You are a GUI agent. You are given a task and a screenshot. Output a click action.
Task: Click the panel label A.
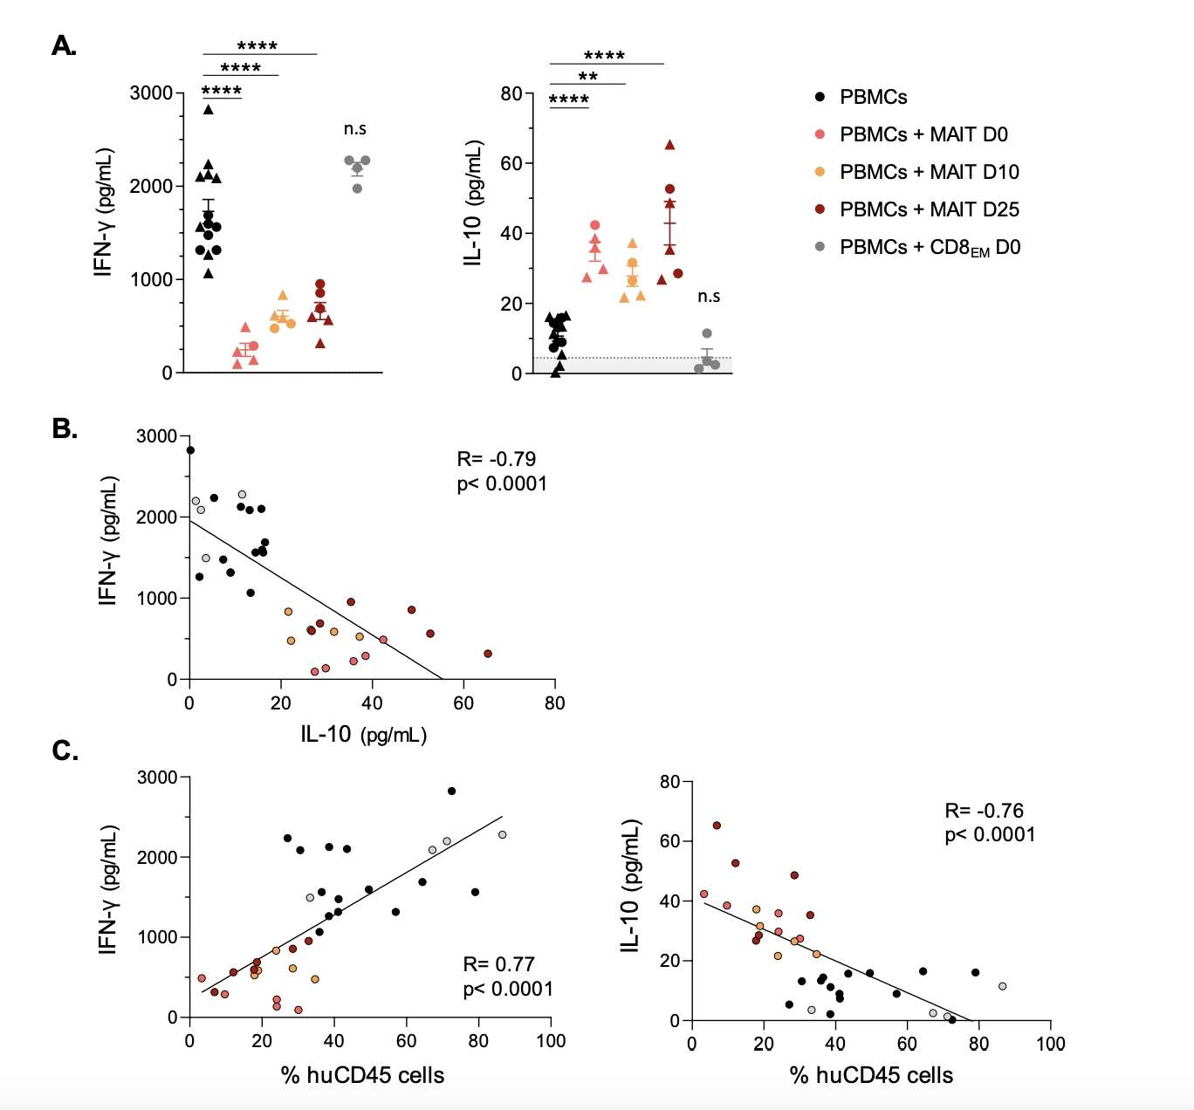(x=64, y=45)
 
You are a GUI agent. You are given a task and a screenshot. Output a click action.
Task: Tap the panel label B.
(x=65, y=428)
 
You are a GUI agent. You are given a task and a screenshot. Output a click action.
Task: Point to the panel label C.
(x=65, y=750)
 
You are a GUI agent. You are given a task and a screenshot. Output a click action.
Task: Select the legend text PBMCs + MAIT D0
(x=923, y=134)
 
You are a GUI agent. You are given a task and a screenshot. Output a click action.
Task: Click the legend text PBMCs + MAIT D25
(x=929, y=209)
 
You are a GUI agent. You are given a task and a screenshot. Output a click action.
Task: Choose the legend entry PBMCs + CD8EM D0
(x=930, y=248)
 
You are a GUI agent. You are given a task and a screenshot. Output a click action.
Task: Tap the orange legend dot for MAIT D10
(x=820, y=172)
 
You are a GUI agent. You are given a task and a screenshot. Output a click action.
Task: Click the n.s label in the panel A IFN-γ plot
(x=354, y=129)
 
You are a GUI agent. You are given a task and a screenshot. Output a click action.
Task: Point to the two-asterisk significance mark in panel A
(x=587, y=77)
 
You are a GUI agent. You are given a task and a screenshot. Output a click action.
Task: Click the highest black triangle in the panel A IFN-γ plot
(x=208, y=110)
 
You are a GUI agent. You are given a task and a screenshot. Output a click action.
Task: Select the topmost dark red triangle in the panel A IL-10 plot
(x=669, y=145)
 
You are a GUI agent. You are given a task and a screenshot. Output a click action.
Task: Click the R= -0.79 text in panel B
(x=496, y=459)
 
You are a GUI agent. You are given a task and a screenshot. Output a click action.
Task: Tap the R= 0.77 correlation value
(x=497, y=963)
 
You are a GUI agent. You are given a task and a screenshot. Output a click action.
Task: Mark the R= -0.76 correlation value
(x=984, y=811)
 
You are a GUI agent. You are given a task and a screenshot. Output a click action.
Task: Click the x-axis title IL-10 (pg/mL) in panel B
(x=363, y=734)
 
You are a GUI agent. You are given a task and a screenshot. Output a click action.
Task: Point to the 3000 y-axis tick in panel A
(x=152, y=93)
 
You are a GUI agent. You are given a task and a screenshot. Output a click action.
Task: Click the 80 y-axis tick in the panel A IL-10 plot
(x=511, y=93)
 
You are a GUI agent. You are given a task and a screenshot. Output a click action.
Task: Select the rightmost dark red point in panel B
(x=488, y=654)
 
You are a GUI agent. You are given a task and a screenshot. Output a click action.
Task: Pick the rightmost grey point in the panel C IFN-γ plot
(x=502, y=835)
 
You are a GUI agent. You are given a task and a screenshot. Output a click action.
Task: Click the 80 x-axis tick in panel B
(x=554, y=703)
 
